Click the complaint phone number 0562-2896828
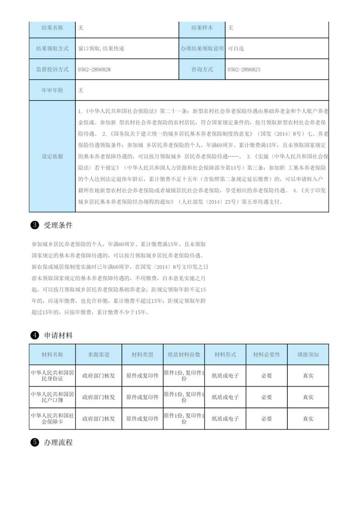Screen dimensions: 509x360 [x=94, y=69]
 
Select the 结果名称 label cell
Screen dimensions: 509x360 [x=52, y=28]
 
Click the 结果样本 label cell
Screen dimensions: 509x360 [x=202, y=28]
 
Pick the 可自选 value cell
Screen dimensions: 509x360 [x=236, y=49]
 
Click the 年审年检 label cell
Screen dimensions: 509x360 [x=52, y=90]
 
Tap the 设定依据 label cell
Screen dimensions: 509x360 [x=52, y=157]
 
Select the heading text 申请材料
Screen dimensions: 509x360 [x=58, y=335]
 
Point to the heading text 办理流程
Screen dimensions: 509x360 [x=58, y=442]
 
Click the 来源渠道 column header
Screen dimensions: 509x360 [x=99, y=354]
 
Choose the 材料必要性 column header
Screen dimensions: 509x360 [x=266, y=354]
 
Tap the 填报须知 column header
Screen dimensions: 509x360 [x=308, y=354]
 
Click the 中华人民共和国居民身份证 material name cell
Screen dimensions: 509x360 [x=52, y=375]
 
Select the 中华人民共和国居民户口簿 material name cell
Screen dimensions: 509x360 [x=52, y=397]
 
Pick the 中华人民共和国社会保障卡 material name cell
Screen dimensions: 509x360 [x=52, y=418]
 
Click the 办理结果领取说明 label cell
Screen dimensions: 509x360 [x=202, y=49]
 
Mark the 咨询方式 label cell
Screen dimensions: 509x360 [x=202, y=69]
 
